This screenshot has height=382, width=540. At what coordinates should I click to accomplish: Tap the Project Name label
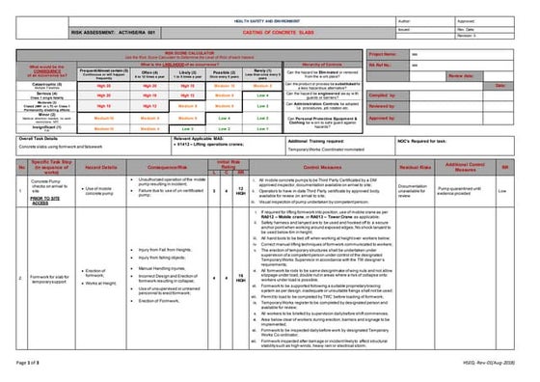(x=383, y=56)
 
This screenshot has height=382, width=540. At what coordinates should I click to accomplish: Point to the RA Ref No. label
(x=381, y=66)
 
